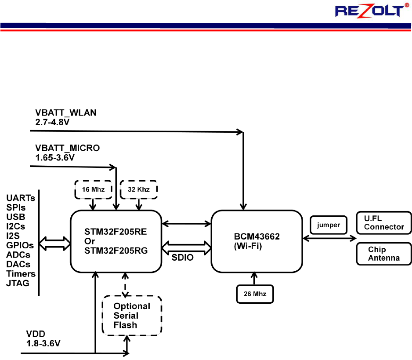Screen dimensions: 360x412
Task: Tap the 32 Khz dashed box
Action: click(x=138, y=189)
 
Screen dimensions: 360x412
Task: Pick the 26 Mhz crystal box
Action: click(x=255, y=293)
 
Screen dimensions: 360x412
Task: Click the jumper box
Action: click(x=328, y=225)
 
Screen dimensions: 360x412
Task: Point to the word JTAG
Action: click(x=18, y=283)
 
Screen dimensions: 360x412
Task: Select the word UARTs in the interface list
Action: click(x=21, y=198)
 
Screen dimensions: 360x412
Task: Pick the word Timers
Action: click(x=21, y=273)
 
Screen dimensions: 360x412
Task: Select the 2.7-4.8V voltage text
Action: click(x=51, y=121)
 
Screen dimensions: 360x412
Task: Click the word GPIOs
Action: click(x=20, y=245)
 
